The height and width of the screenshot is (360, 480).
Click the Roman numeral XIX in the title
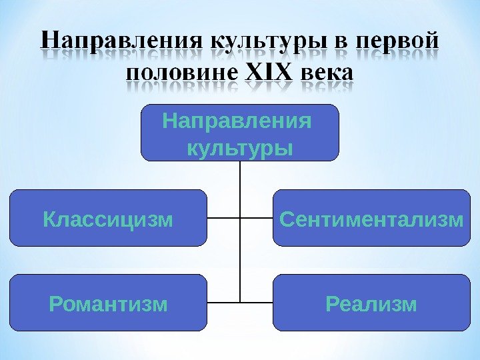269,71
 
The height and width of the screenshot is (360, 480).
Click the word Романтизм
108,305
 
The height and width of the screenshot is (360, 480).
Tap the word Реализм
371,305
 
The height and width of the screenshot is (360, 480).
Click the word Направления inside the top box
237,123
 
